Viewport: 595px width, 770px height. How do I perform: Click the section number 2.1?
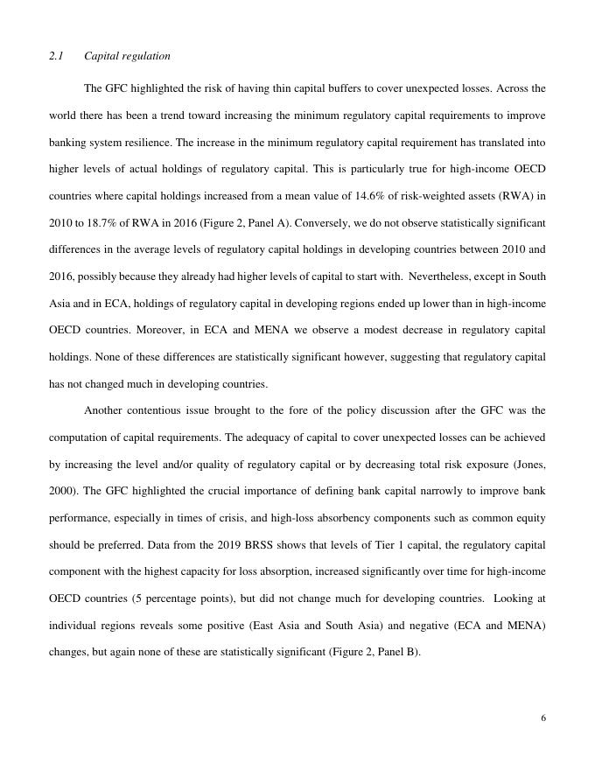[x=56, y=56]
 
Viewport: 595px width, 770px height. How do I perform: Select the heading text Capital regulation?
[x=127, y=56]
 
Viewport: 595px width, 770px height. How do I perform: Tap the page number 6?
[x=543, y=718]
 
